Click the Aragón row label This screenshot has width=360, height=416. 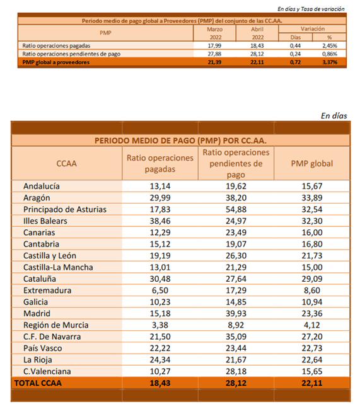pyautogui.click(x=37, y=198)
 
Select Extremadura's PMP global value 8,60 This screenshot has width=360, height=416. pyautogui.click(x=312, y=291)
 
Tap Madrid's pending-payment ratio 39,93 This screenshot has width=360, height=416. pyautogui.click(x=236, y=314)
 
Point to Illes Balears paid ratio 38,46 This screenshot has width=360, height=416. pyautogui.click(x=160, y=221)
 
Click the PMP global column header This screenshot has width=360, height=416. pyautogui.click(x=312, y=163)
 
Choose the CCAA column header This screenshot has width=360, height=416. pyautogui.click(x=67, y=163)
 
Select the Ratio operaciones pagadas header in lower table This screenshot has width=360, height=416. pyautogui.click(x=160, y=163)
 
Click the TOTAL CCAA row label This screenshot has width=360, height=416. pyautogui.click(x=38, y=383)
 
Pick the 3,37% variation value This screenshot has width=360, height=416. pyautogui.click(x=330, y=62)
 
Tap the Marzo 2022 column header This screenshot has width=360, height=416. pyautogui.click(x=214, y=33)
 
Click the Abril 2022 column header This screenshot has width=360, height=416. pyautogui.click(x=257, y=33)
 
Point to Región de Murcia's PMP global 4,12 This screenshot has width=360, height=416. pyautogui.click(x=312, y=325)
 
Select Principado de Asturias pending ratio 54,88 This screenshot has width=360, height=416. pyautogui.click(x=236, y=210)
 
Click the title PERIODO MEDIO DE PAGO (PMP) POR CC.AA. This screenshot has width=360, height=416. pyautogui.click(x=180, y=141)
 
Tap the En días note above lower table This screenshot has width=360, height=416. pyautogui.click(x=334, y=116)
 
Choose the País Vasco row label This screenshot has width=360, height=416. pyautogui.click(x=43, y=349)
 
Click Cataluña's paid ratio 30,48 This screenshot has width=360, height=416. pyautogui.click(x=160, y=279)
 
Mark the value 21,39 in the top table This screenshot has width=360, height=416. pyautogui.click(x=214, y=62)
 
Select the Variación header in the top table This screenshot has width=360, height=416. pyautogui.click(x=313, y=28)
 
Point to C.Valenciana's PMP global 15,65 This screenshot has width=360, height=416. pyautogui.click(x=312, y=371)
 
